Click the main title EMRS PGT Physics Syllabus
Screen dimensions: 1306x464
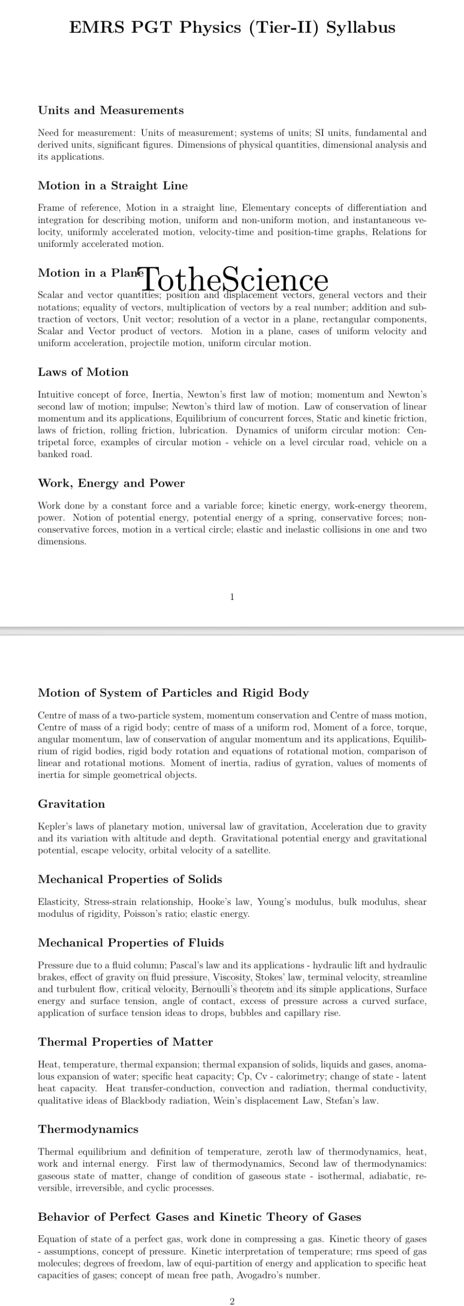pos(232,28)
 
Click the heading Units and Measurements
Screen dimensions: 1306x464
pos(111,111)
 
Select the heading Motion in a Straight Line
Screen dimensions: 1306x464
pos(113,186)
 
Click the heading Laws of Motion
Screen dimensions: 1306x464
pos(83,372)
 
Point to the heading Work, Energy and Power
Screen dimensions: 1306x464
pos(111,484)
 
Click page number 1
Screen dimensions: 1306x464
pos(232,597)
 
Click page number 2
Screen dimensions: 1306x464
pos(232,1301)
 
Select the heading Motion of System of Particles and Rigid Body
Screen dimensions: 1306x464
pos(174,693)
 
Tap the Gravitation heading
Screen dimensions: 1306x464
pos(71,805)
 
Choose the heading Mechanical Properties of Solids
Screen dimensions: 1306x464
pos(130,880)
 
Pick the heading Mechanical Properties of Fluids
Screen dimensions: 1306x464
pos(131,943)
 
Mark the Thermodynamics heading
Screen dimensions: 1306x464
pos(88,1129)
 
